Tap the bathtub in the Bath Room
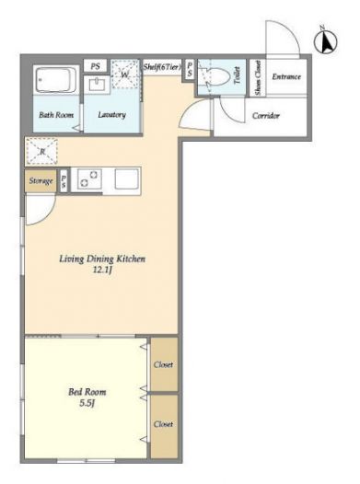click(x=56, y=80)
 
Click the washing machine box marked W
click(x=125, y=75)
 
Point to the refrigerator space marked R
click(x=42, y=151)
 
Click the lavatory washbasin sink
click(x=98, y=84)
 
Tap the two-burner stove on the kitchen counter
click(x=89, y=179)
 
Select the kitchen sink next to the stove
click(x=126, y=179)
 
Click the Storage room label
click(x=41, y=180)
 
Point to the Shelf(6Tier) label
click(x=162, y=66)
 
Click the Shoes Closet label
click(x=258, y=77)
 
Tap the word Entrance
click(x=286, y=76)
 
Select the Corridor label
click(x=265, y=116)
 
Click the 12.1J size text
click(x=102, y=271)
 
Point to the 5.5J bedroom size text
click(x=87, y=403)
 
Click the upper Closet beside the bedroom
click(x=164, y=364)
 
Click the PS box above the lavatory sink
click(x=96, y=66)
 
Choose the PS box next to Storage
click(x=64, y=181)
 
